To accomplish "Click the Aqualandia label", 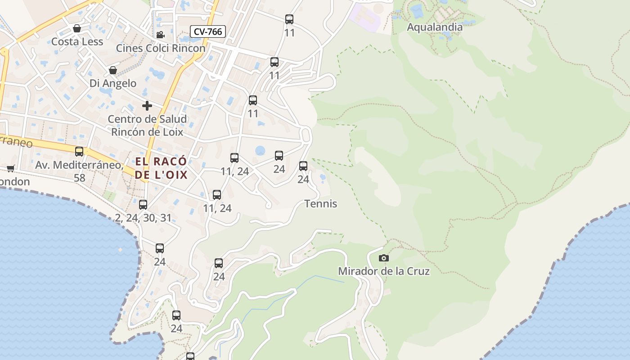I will pos(434,27).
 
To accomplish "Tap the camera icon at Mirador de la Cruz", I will pos(383,258).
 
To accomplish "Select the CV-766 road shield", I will pos(207,31).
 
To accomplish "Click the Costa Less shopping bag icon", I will pos(77,29).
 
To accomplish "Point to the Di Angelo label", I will pos(113,83).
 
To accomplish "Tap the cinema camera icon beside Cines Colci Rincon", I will pos(160,35).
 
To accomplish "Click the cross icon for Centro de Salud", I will pos(147,106).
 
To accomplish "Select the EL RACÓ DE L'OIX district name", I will pos(161,168).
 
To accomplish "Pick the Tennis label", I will pos(321,204).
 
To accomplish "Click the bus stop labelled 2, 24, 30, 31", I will pos(143,205).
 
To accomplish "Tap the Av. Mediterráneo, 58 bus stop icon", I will pos(79,152).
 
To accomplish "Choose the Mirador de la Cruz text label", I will pos(383,271).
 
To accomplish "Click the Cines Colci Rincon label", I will pos(161,48).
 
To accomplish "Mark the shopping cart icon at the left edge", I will pos(10,168).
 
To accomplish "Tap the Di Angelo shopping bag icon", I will pos(113,71).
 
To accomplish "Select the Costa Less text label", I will pos(77,42).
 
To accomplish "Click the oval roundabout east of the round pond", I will pos(306,135).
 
